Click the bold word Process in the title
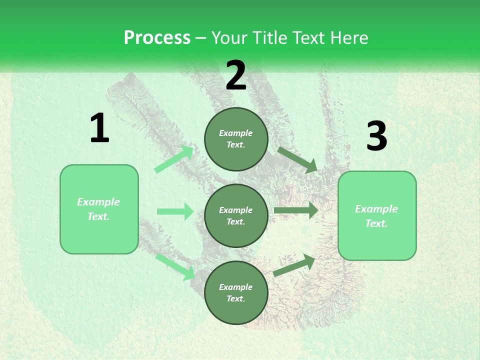pos(157,37)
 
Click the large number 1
pos(99,129)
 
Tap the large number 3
pos(376,136)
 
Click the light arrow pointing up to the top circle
pos(173,159)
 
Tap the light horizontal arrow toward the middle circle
pos(175,211)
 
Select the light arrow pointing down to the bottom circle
pos(175,266)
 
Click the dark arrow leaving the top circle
pos(297,159)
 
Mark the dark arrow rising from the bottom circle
pos(294,265)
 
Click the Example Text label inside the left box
pos(99,209)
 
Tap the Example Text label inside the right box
pos(376,216)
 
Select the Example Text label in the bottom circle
pos(236,293)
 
